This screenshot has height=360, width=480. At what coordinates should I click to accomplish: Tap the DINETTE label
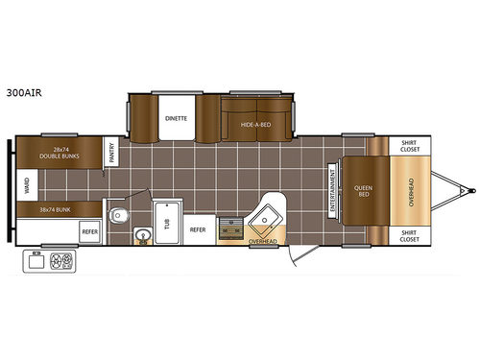point(176,118)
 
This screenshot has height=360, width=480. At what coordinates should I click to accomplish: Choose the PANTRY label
point(112,154)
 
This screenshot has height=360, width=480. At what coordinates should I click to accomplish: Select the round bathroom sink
point(142,232)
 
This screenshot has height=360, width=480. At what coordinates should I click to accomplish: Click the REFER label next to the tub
point(198,230)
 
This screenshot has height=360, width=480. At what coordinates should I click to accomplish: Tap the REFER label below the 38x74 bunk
point(88,230)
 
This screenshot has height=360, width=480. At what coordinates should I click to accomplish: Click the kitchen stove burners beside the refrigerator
point(230,228)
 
